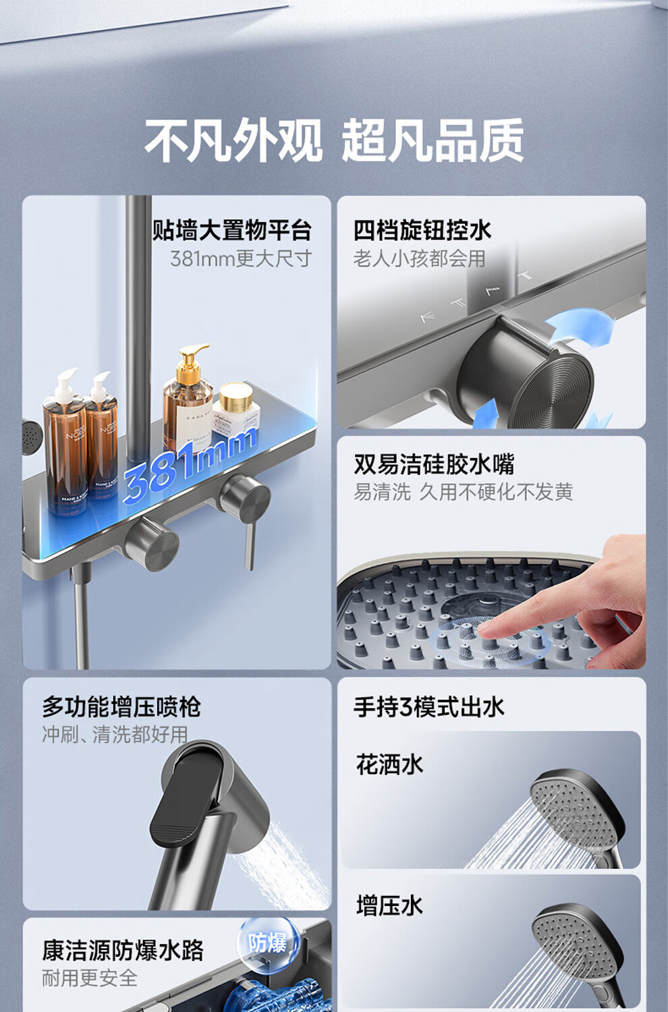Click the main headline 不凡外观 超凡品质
click(x=334, y=140)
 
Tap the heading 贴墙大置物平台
click(x=232, y=231)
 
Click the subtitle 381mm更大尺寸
click(x=241, y=258)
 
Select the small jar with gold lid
click(x=236, y=409)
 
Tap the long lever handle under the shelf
click(x=250, y=546)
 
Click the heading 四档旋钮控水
click(x=422, y=231)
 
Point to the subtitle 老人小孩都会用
click(x=419, y=259)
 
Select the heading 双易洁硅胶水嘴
click(x=434, y=464)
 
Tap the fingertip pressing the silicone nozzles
click(x=486, y=627)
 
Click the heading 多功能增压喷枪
click(x=121, y=707)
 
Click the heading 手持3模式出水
click(x=428, y=707)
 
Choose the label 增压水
click(x=389, y=905)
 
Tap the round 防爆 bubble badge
click(x=268, y=943)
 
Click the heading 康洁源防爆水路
click(x=123, y=951)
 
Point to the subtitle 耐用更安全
click(x=90, y=978)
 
